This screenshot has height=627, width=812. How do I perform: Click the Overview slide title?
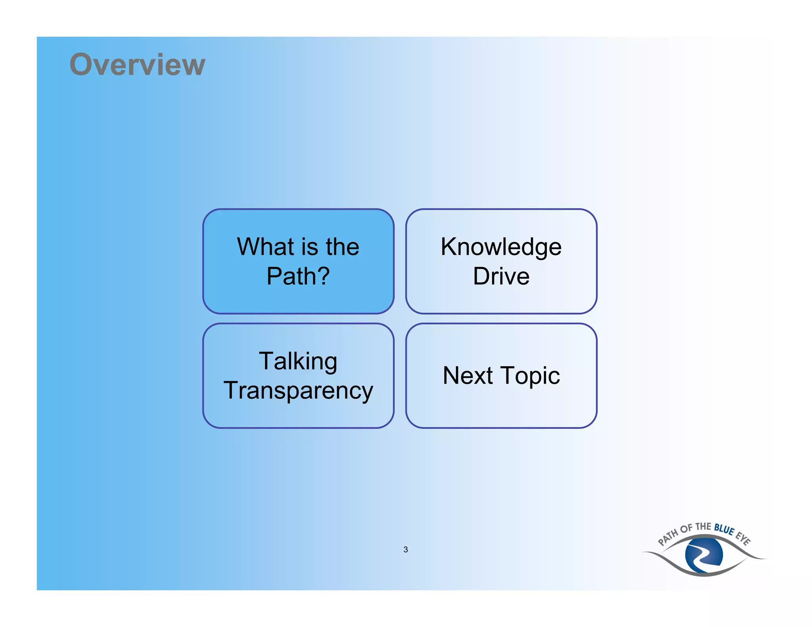pos(137,64)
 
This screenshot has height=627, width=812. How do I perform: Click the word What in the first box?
pos(265,247)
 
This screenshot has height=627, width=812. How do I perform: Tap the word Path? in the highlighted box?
pos(298,276)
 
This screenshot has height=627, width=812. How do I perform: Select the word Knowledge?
pos(501,247)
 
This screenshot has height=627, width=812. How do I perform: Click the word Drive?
pos(501,276)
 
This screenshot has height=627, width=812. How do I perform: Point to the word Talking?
pos(298,361)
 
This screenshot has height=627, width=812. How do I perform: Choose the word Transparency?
pos(298,391)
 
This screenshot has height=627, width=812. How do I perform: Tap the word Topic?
pos(530,376)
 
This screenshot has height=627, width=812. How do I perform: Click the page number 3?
pos(406,550)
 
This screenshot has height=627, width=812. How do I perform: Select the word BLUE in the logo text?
pos(724,529)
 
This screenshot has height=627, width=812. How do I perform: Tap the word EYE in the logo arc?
pos(743,539)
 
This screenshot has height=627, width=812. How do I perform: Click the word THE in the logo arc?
pos(703,526)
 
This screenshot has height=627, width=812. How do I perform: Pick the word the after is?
pos(342,247)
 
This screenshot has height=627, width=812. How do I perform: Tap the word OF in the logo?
pos(686,529)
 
